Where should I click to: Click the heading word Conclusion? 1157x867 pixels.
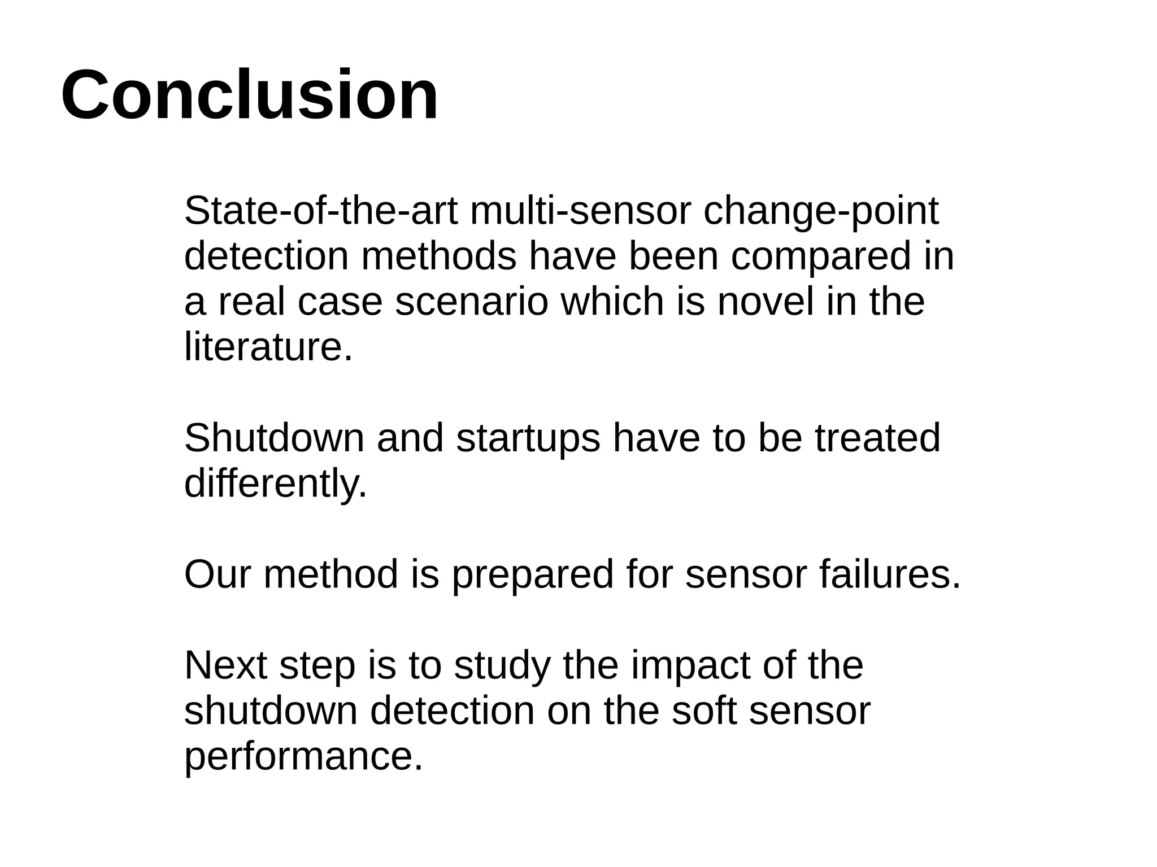click(249, 95)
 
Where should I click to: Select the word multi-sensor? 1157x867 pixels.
click(580, 211)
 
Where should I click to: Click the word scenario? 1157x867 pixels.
click(472, 302)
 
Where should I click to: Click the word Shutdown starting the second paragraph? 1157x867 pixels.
click(274, 438)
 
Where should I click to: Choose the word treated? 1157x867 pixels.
click(877, 438)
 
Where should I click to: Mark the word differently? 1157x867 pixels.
click(275, 484)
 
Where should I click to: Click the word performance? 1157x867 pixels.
click(303, 757)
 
